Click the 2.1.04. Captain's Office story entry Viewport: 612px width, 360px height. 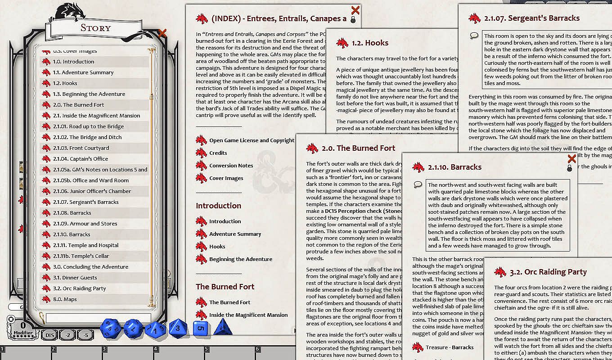80,159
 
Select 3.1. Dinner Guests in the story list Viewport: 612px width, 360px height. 75,278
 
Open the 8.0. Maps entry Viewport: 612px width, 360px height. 65,299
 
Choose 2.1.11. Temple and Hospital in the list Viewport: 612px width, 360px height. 85,245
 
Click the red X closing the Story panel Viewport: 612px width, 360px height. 162,33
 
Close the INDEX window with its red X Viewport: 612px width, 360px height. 355,10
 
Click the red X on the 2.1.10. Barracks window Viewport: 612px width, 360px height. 571,159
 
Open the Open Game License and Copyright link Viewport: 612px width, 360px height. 252,140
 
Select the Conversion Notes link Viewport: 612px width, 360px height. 231,166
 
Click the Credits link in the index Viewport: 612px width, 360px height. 218,153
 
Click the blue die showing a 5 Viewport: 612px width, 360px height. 201,328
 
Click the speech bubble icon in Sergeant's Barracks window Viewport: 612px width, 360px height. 474,36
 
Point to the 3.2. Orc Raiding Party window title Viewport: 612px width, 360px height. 548,272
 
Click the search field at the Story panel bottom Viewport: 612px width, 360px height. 99,318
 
